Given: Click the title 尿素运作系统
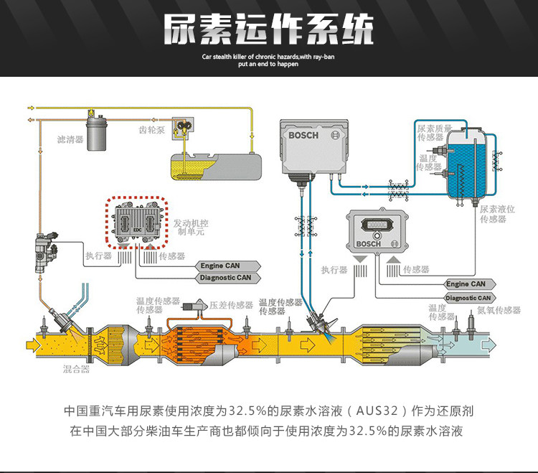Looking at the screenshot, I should point(269,31).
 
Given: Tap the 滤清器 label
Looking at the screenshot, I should point(70,139).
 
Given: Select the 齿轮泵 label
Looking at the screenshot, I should point(151,130).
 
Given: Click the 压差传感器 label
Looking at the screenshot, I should point(231,305).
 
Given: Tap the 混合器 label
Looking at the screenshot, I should point(75,369).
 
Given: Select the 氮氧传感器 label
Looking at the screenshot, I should point(499,310).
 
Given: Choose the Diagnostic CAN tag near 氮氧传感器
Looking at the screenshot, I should point(469,297).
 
